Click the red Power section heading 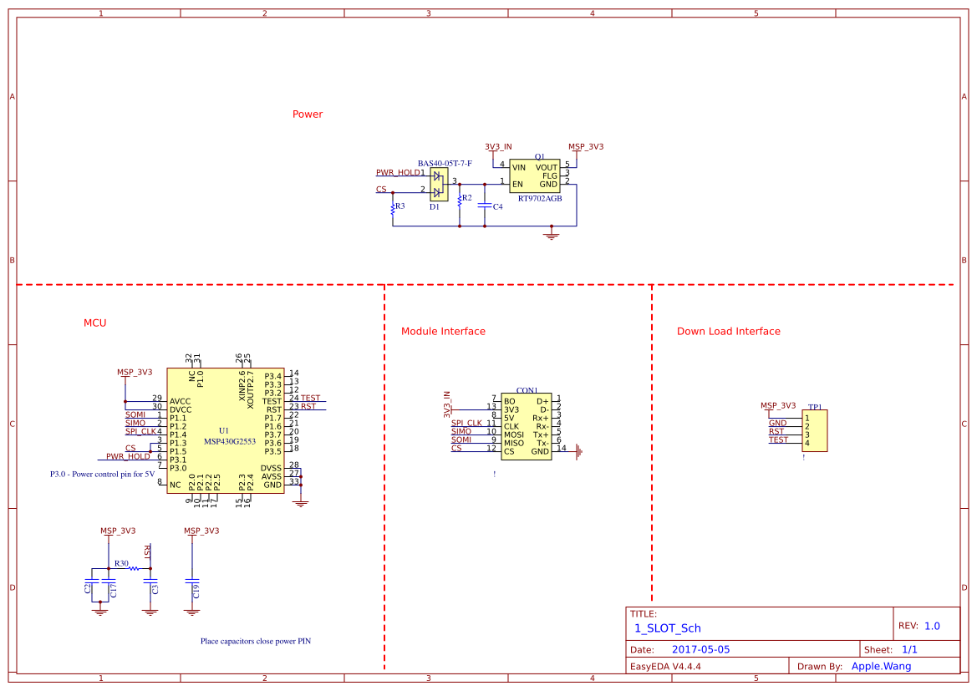(x=307, y=114)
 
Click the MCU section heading (x=94, y=323)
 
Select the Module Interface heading (x=443, y=332)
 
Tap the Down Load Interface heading (x=728, y=332)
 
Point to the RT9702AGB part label (x=539, y=199)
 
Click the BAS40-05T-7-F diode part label (x=445, y=164)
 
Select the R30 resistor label (x=121, y=564)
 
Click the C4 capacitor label (x=497, y=206)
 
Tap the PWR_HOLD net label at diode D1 (x=398, y=173)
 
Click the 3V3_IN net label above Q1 (x=498, y=147)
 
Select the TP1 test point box (x=814, y=430)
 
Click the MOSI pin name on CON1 (x=513, y=434)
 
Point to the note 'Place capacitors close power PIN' (x=255, y=642)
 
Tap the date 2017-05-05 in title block (x=700, y=649)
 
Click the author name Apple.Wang (x=881, y=667)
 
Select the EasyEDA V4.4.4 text (x=664, y=667)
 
